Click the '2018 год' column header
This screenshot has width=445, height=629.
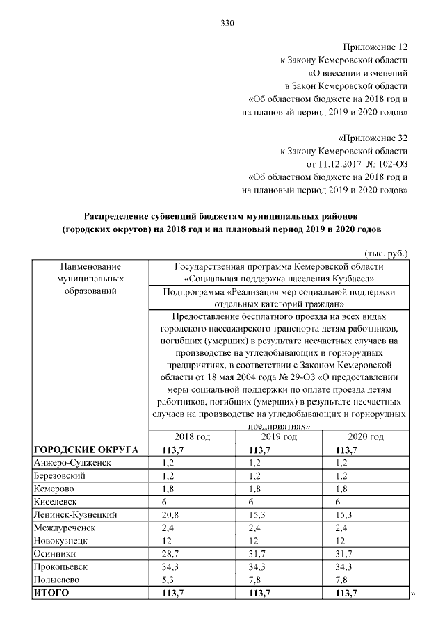(192, 436)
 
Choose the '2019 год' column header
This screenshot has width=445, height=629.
(280, 436)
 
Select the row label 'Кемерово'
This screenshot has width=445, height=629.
(53, 489)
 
